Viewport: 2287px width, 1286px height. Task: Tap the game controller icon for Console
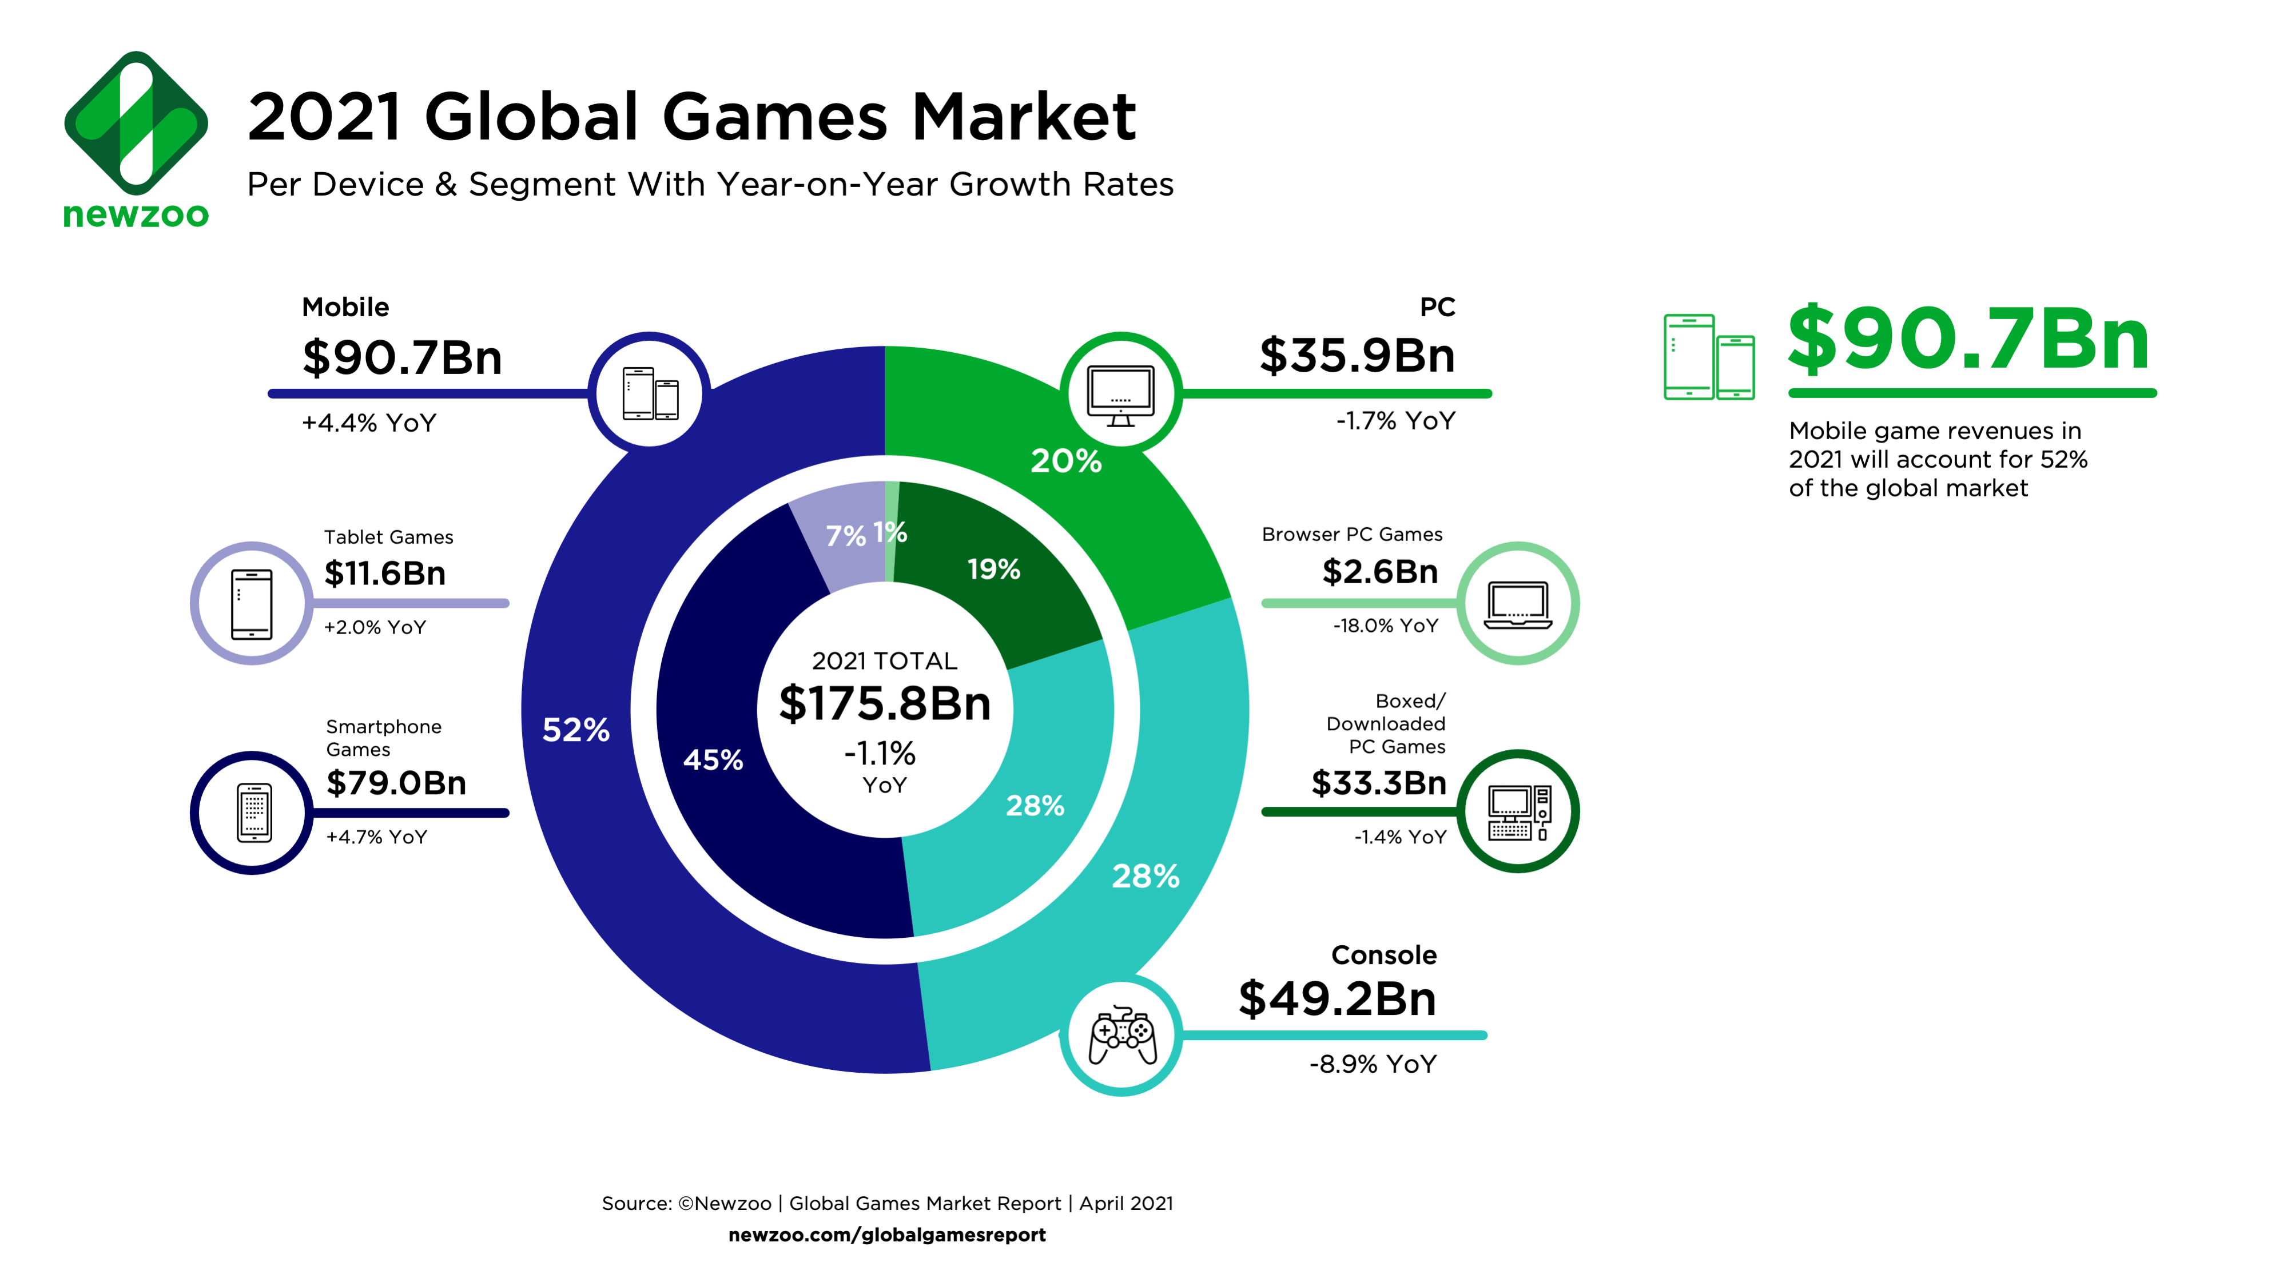(x=1122, y=1035)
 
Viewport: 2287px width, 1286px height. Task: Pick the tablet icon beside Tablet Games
(x=252, y=603)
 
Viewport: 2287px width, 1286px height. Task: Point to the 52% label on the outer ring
(x=575, y=730)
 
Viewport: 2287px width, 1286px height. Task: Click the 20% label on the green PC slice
(x=1065, y=461)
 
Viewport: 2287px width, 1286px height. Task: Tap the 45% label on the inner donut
(x=713, y=760)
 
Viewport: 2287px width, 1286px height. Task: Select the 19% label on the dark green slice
(x=993, y=569)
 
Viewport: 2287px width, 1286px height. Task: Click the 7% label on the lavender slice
(x=844, y=536)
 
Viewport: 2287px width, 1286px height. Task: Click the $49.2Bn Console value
(x=1337, y=998)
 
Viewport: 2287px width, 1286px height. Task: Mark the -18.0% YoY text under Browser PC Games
(x=1385, y=626)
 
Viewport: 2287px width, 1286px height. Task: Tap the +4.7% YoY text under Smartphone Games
(x=376, y=837)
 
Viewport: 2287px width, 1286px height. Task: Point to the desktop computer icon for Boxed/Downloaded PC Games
(x=1518, y=812)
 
